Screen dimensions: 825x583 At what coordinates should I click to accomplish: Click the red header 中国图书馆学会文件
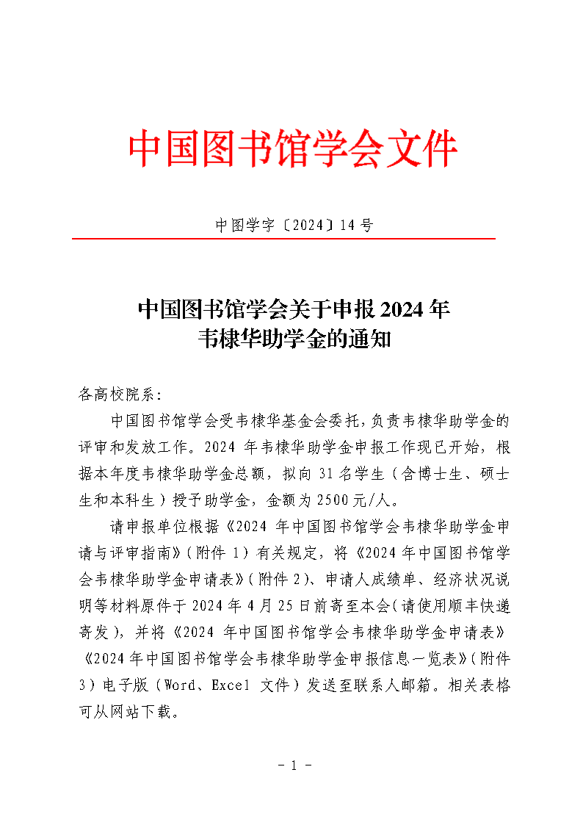[292, 150]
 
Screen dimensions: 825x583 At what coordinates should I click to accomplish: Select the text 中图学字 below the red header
[239, 226]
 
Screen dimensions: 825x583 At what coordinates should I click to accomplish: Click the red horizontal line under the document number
[283, 239]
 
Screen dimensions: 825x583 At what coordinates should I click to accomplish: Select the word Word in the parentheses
[181, 685]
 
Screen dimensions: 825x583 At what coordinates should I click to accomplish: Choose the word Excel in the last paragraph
[231, 685]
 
